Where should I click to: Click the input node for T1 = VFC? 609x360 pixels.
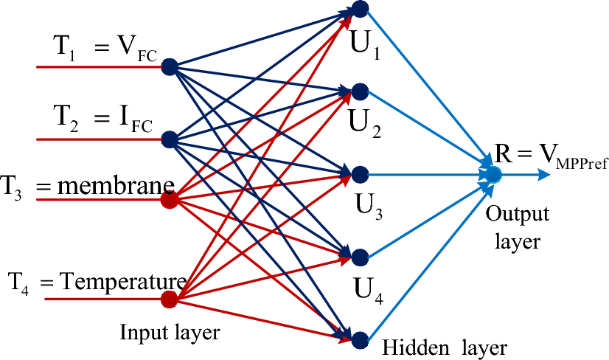pyautogui.click(x=169, y=66)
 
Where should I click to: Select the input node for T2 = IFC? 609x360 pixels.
pyautogui.click(x=169, y=139)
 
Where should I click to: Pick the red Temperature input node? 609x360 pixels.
pyautogui.click(x=169, y=299)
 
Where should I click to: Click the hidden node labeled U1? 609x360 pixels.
pyautogui.click(x=360, y=9)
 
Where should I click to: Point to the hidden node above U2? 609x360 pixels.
pyautogui.click(x=360, y=91)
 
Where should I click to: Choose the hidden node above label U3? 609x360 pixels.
pyautogui.click(x=360, y=175)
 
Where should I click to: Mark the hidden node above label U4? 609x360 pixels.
pyautogui.click(x=360, y=257)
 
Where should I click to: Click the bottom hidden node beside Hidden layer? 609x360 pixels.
pyautogui.click(x=360, y=340)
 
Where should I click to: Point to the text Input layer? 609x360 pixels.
pyautogui.click(x=170, y=333)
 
